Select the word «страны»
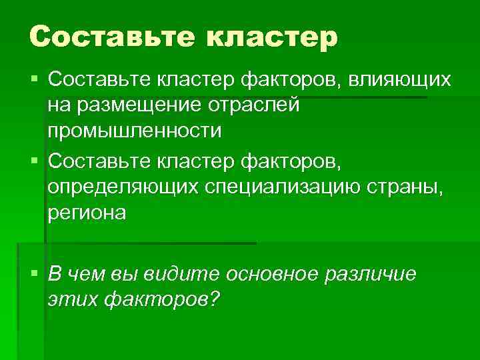click(411, 188)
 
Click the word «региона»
click(87, 213)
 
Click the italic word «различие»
click(371, 274)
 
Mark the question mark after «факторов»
click(213, 299)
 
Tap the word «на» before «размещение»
click(58, 105)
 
